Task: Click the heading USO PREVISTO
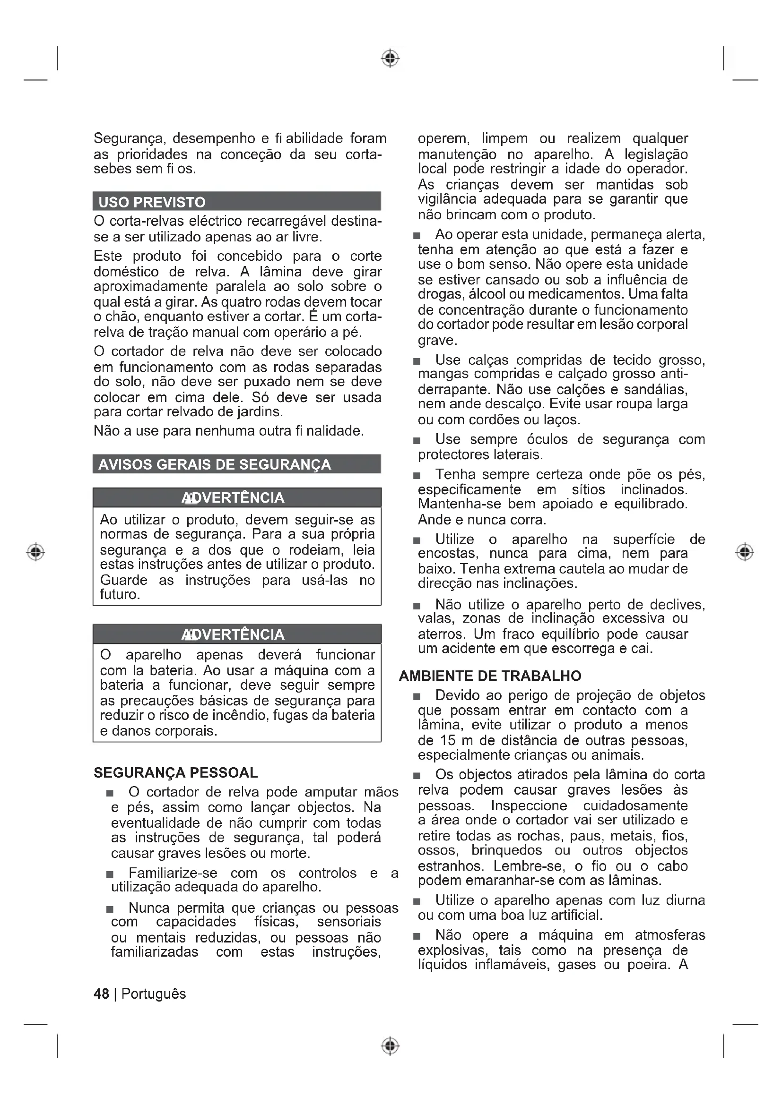pyautogui.click(x=152, y=202)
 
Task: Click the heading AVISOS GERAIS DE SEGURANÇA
pyautogui.click(x=214, y=464)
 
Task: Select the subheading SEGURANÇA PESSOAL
pyautogui.click(x=176, y=772)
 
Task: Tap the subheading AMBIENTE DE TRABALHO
pyautogui.click(x=490, y=676)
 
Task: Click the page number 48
pyautogui.click(x=101, y=994)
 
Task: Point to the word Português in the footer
pyautogui.click(x=154, y=994)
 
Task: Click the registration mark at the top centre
pyautogui.click(x=391, y=58)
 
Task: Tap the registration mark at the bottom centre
pyautogui.click(x=391, y=1046)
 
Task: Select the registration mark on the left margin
pyautogui.click(x=35, y=551)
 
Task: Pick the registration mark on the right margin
pyautogui.click(x=745, y=551)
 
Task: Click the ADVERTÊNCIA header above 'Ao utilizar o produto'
pyautogui.click(x=233, y=497)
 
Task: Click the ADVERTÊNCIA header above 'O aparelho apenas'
pyautogui.click(x=233, y=634)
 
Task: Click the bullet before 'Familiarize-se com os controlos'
pyautogui.click(x=110, y=874)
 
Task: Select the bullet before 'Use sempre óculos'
pyautogui.click(x=417, y=440)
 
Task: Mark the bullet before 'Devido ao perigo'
pyautogui.click(x=417, y=696)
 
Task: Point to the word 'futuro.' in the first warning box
pyautogui.click(x=120, y=594)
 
